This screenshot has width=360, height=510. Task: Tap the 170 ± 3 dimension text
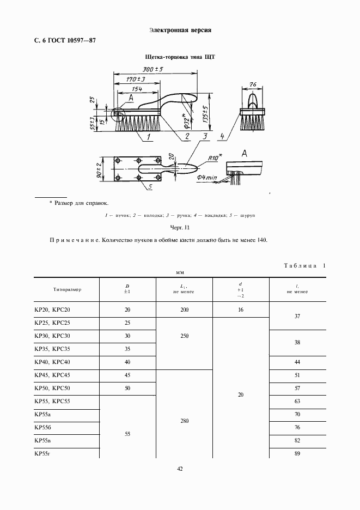click(x=129, y=80)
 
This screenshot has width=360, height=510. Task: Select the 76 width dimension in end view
click(x=253, y=84)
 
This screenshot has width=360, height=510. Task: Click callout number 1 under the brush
click(x=148, y=139)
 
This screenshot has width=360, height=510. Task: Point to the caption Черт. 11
click(x=180, y=227)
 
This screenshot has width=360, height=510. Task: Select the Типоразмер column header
click(x=68, y=290)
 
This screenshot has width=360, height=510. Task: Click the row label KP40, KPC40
click(x=52, y=362)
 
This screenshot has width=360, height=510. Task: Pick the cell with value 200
click(x=184, y=309)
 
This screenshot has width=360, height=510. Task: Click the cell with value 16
click(x=241, y=309)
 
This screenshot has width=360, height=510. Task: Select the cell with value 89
click(x=297, y=453)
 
